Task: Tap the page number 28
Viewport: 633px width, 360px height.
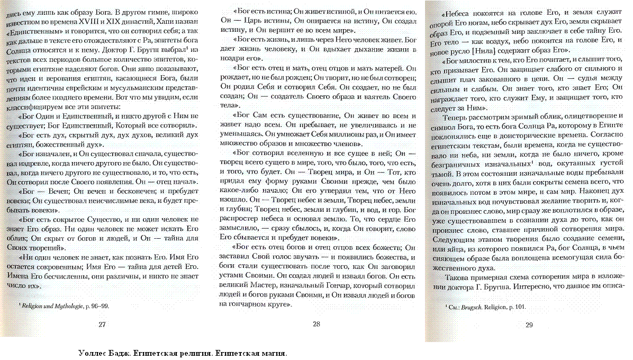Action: click(x=316, y=325)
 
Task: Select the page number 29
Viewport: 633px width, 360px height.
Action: click(x=529, y=325)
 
